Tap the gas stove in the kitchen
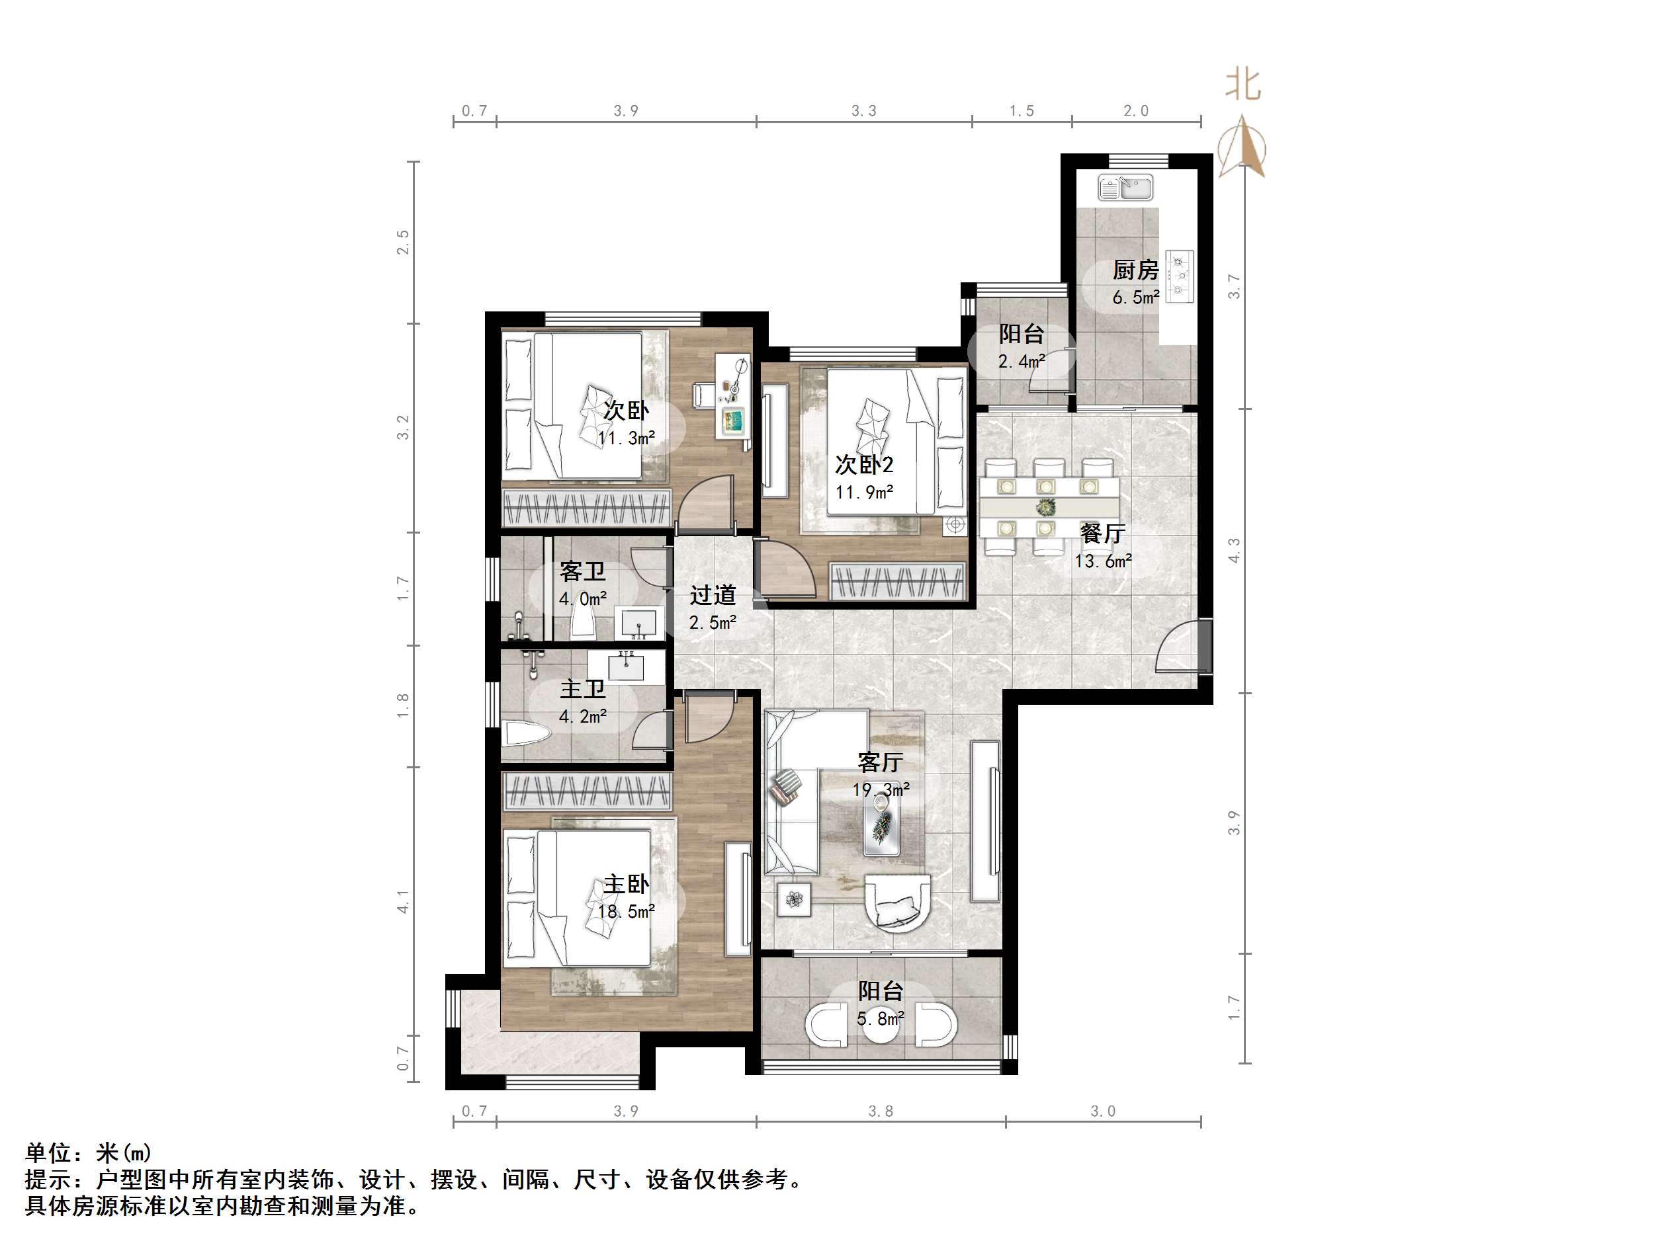(x=1180, y=274)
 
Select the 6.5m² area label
(x=1135, y=298)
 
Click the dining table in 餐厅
(x=1048, y=497)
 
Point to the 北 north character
(x=1243, y=85)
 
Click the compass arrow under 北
(x=1242, y=147)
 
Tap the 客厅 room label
(x=880, y=762)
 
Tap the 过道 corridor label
(x=712, y=595)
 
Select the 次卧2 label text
(x=863, y=465)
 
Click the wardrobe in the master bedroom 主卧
(x=586, y=792)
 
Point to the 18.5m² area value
(x=626, y=911)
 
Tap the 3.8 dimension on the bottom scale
(x=880, y=1111)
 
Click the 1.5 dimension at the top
(x=1021, y=111)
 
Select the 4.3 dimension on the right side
(x=1234, y=551)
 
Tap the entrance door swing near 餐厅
(x=1177, y=649)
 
